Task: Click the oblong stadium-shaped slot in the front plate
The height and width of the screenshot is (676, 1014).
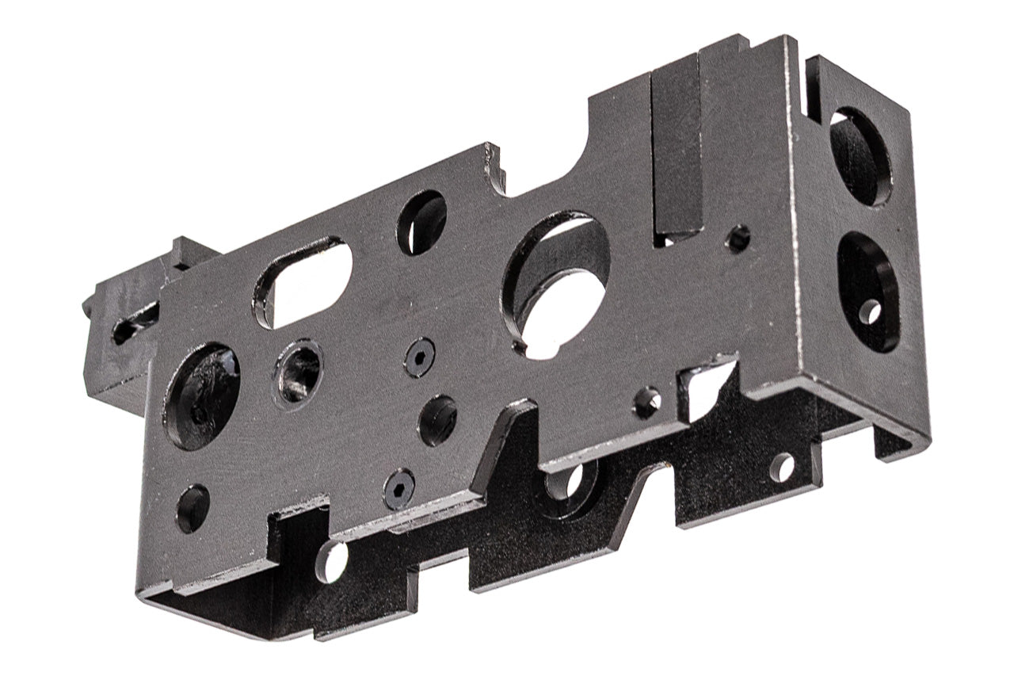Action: click(x=304, y=281)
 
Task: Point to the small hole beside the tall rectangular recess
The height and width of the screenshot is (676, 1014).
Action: click(x=738, y=238)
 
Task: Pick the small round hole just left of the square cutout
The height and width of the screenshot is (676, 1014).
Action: click(x=647, y=402)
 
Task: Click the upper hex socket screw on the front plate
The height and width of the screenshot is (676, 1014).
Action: click(x=419, y=357)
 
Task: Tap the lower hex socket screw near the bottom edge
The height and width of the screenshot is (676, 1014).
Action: click(x=399, y=488)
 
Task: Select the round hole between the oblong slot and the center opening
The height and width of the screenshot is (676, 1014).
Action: click(x=421, y=222)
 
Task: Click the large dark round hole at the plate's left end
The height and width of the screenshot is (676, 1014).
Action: click(x=202, y=395)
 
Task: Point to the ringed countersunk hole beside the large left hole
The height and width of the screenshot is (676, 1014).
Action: click(x=299, y=371)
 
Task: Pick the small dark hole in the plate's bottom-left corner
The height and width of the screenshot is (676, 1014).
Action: click(x=193, y=508)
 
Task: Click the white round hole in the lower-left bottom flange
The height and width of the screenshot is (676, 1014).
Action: click(x=332, y=560)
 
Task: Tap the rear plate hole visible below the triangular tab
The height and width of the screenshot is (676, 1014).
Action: click(x=567, y=479)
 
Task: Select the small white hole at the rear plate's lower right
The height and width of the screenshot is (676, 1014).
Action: click(x=782, y=468)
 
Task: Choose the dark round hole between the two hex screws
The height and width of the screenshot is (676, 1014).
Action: click(x=437, y=420)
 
